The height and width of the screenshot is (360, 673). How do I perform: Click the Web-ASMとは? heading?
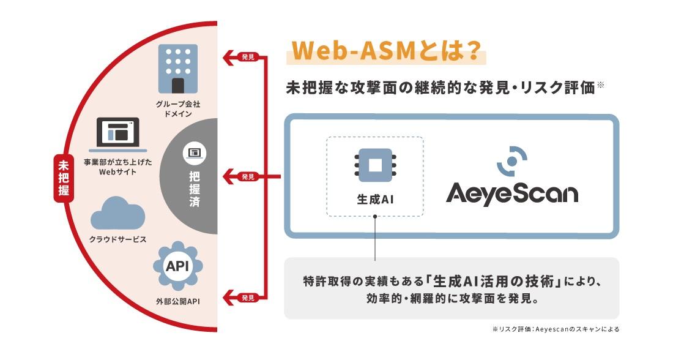tap(385, 51)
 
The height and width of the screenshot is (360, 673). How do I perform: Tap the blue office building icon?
tap(178, 69)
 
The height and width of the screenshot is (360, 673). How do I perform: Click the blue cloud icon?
tap(117, 213)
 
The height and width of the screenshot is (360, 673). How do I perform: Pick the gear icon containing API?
tap(177, 266)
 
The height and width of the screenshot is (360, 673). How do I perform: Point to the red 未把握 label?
tap(64, 178)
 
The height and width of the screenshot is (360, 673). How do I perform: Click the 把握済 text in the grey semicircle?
tap(195, 189)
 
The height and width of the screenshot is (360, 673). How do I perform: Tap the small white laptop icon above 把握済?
tap(195, 153)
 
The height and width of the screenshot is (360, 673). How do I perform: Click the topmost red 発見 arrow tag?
tap(242, 57)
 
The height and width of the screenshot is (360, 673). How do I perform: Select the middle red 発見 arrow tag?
tap(242, 176)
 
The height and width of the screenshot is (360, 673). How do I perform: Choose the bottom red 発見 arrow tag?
tap(242, 298)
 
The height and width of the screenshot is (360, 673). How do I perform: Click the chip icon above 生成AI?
tap(375, 165)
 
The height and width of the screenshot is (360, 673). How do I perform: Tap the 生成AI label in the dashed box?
tap(375, 200)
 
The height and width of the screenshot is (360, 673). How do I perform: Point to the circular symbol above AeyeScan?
tap(512, 161)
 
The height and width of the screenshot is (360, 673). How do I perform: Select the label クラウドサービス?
tap(117, 239)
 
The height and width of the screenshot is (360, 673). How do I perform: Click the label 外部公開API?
tap(177, 301)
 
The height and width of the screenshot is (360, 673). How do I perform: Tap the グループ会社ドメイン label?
tap(177, 109)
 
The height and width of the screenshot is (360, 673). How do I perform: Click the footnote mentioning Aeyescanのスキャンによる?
tap(556, 329)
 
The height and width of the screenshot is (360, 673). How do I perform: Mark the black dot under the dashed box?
tap(375, 217)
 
